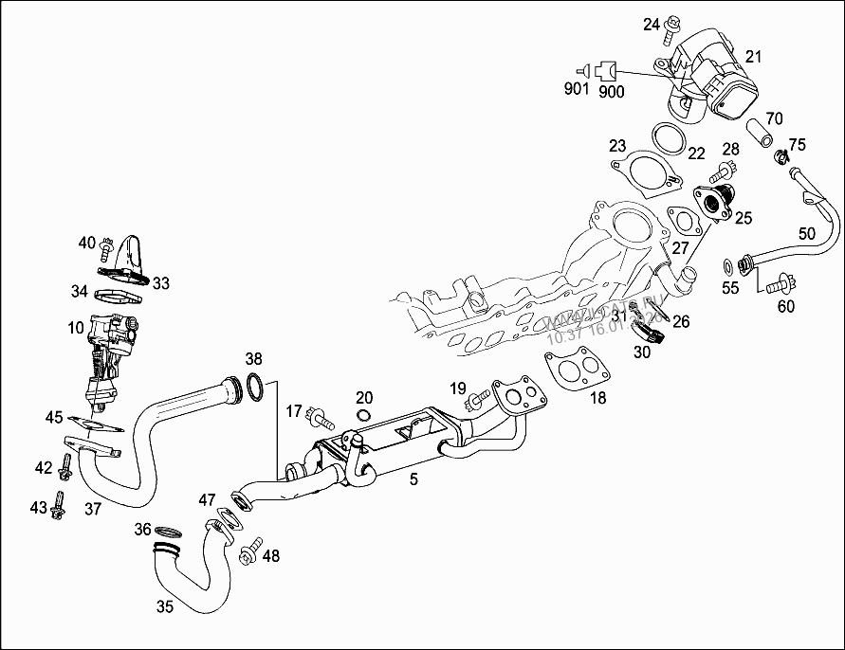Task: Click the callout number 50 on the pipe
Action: point(807,233)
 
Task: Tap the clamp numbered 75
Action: point(781,156)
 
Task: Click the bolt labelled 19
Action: point(473,404)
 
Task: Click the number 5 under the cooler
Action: point(413,479)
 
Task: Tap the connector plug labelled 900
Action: point(608,69)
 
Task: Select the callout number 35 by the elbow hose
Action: point(165,605)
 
